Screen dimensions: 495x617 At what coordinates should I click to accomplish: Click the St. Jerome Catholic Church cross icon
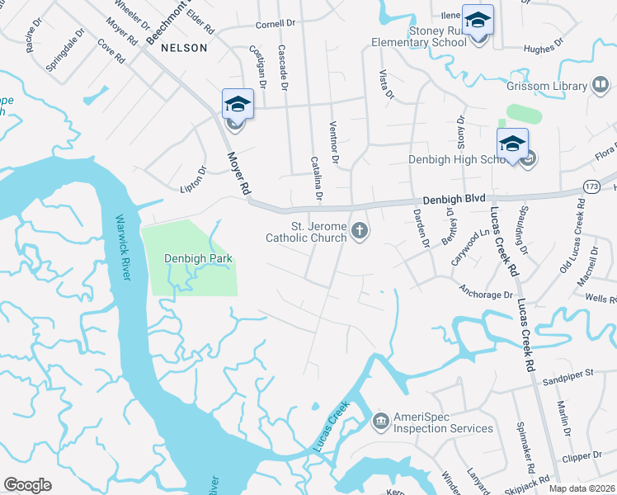click(x=359, y=229)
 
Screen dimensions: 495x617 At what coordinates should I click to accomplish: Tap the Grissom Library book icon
click(x=601, y=85)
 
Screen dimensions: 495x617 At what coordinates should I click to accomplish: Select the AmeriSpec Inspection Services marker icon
click(x=380, y=422)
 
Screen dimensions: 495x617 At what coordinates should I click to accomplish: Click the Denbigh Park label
click(x=198, y=258)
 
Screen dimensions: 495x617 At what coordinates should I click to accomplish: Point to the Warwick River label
click(x=122, y=247)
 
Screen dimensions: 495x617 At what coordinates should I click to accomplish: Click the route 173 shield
click(x=591, y=186)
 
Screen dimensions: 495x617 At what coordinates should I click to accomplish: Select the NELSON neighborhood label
click(x=184, y=48)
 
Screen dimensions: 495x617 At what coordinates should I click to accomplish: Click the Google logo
click(x=27, y=484)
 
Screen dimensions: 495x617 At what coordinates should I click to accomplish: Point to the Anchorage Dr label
click(x=486, y=295)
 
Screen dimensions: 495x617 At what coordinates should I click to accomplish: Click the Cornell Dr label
click(x=276, y=24)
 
